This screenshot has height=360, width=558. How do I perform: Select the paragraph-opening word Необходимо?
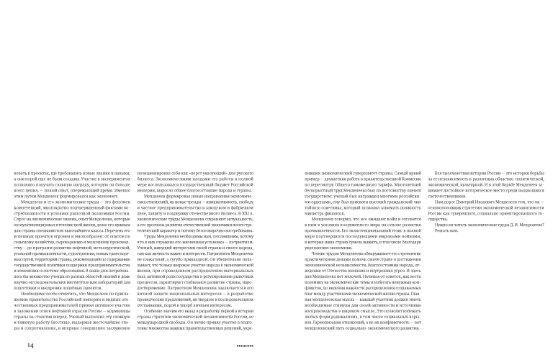[x=33, y=280]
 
